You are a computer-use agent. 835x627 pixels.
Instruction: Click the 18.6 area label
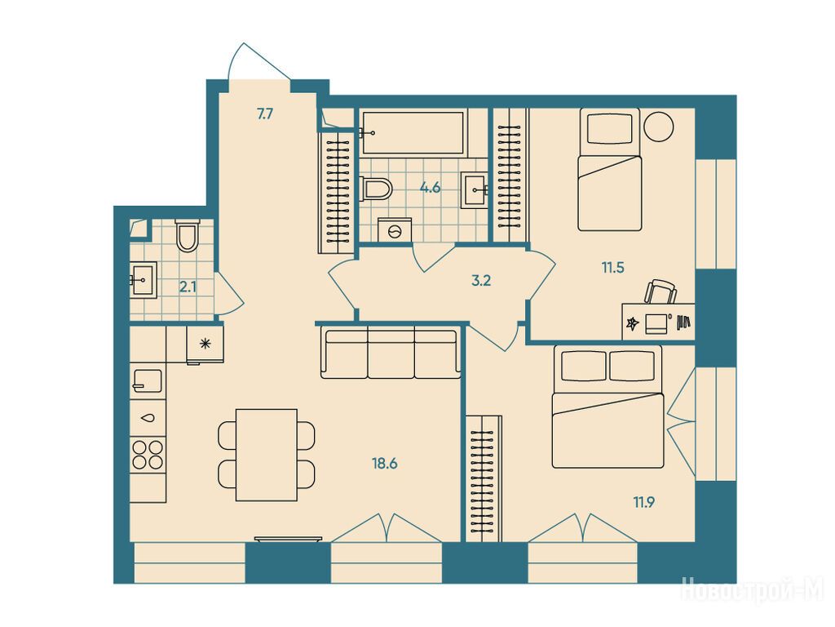click(385, 464)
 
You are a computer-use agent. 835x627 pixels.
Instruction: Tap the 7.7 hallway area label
click(265, 113)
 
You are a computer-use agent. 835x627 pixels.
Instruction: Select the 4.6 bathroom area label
click(430, 188)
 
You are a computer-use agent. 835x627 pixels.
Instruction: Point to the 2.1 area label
click(188, 287)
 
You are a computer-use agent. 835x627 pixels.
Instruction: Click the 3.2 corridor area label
click(481, 281)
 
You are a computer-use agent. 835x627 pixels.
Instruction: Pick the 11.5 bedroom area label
click(613, 268)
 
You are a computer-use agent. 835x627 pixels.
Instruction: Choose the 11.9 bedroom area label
click(644, 502)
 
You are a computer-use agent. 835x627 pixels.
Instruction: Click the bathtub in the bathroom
click(413, 133)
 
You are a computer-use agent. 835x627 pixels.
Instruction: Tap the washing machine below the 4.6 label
click(395, 229)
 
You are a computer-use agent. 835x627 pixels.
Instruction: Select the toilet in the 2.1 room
click(187, 235)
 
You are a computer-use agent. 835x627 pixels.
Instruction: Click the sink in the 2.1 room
click(144, 279)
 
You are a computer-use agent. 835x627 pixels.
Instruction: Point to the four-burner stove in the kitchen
click(148, 454)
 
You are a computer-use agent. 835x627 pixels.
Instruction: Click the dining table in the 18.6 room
click(267, 455)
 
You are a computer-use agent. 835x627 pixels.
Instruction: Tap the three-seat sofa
click(391, 353)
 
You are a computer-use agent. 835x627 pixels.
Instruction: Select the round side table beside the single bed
click(659, 127)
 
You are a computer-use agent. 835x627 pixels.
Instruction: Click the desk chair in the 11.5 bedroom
click(660, 291)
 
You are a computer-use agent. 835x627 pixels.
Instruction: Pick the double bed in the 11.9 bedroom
click(608, 407)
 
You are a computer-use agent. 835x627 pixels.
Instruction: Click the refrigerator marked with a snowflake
click(205, 345)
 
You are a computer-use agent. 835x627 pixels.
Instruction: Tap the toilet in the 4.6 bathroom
click(376, 189)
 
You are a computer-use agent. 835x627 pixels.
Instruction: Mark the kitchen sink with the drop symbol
click(148, 418)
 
